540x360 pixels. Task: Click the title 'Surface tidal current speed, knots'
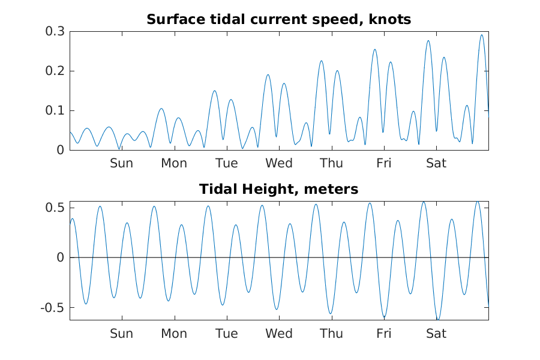278,20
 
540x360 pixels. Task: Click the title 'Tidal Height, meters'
278,190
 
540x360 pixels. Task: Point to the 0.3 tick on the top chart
55,32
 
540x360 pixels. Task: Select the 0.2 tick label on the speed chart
55,71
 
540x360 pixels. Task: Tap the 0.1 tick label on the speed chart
55,111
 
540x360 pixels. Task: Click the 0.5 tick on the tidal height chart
55,208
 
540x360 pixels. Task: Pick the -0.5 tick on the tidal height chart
53,308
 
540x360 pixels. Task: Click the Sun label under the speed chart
121,163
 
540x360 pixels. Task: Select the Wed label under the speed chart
279,163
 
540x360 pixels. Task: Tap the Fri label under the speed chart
384,163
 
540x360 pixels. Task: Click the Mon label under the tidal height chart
174,334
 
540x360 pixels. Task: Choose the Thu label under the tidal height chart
331,334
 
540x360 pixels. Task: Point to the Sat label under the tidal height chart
436,334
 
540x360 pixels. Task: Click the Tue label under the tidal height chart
226,334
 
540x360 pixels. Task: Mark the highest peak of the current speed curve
481,35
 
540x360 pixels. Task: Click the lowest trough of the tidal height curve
438,319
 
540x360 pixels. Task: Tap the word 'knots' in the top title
391,20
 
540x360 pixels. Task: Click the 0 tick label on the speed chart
59,150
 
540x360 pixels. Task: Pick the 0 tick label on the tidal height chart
59,258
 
